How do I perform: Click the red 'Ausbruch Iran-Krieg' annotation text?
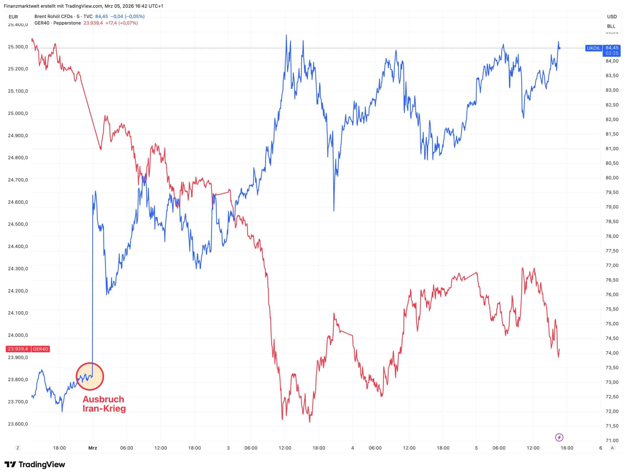[104, 404]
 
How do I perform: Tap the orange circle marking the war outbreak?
[90, 377]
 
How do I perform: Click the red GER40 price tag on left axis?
[27, 349]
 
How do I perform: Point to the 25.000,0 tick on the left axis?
[18, 113]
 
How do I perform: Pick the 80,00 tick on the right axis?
[612, 178]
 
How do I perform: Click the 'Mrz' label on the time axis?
[93, 448]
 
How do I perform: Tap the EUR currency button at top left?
[13, 17]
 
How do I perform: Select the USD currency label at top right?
[612, 17]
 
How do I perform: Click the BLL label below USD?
[611, 26]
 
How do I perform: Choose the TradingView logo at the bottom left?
[35, 464]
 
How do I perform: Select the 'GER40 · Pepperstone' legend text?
[57, 23]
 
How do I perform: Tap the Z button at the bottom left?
[18, 448]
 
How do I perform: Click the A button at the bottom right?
[612, 448]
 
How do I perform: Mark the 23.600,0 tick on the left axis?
[18, 424]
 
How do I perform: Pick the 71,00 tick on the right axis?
[612, 440]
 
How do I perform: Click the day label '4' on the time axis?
[353, 448]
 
